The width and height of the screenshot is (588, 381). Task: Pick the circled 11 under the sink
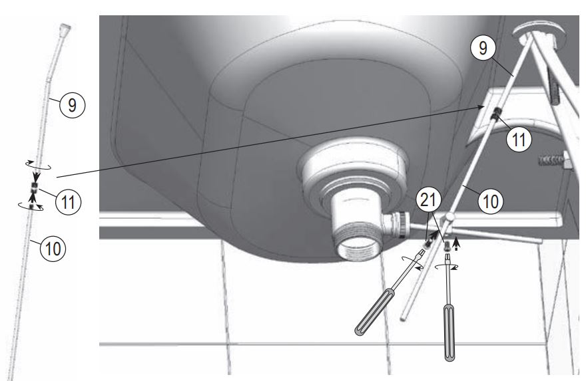point(519,140)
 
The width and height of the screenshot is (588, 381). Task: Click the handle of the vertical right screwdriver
point(451,332)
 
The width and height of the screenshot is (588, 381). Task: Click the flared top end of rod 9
point(64,31)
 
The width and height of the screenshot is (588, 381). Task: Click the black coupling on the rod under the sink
point(495,118)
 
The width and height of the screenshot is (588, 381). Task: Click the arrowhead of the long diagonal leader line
point(483,105)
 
